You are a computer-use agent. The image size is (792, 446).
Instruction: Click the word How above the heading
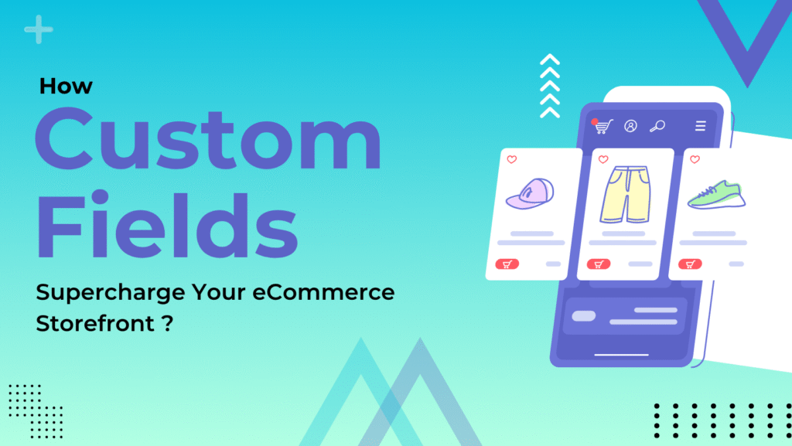66,85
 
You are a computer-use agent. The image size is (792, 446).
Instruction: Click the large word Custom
207,141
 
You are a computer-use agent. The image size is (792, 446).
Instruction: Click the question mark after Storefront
168,324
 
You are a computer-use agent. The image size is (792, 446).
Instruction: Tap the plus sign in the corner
38,30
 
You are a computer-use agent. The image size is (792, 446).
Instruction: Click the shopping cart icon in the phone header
603,126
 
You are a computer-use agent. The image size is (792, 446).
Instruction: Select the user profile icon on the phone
630,126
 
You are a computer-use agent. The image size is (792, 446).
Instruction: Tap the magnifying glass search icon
657,126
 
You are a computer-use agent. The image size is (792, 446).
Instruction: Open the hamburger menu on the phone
700,126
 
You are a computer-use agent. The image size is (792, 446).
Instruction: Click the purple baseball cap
530,194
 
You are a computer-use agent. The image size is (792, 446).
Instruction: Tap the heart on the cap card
511,159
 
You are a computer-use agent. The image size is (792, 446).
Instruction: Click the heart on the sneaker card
695,159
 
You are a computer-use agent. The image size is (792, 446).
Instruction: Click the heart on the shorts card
603,160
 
